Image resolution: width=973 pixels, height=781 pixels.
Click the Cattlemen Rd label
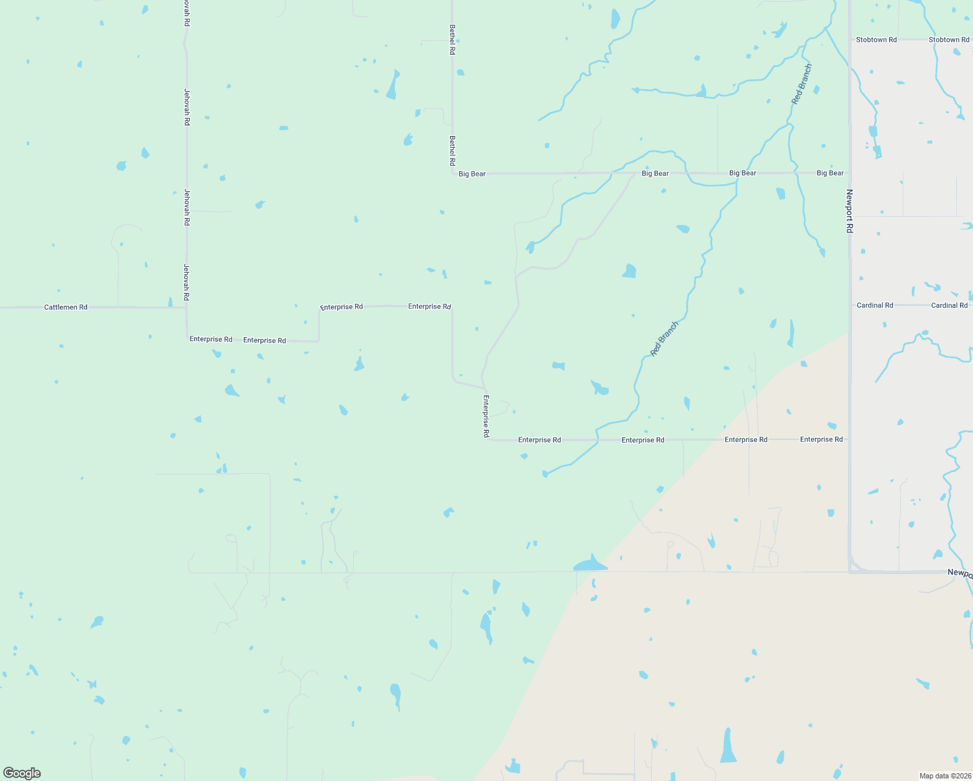[x=66, y=307]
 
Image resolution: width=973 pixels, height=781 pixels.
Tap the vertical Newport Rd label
[x=849, y=211]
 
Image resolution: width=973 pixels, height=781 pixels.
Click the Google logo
[x=22, y=773]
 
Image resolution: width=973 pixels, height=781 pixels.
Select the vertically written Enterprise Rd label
[x=486, y=415]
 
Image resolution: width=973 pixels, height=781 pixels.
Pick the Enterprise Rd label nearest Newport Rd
[x=821, y=439]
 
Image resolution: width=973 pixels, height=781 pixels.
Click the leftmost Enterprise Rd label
[x=211, y=339]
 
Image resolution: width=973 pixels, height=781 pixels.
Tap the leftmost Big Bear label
[x=472, y=174]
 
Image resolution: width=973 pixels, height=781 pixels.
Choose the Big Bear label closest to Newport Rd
[x=830, y=173]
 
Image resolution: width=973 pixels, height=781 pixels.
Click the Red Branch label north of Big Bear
[x=802, y=84]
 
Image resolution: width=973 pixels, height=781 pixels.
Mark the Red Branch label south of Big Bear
[x=664, y=338]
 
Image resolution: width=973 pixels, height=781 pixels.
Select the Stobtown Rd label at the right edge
[x=949, y=40]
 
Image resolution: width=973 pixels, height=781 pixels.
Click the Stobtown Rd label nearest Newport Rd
[x=876, y=40]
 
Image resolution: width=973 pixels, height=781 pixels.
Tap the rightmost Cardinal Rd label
[x=949, y=305]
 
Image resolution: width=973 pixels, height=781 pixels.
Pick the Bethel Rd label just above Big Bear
[x=452, y=150]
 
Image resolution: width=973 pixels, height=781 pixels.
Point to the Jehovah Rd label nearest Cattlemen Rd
[x=187, y=282]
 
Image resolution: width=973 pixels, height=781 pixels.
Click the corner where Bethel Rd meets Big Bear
[x=453, y=174]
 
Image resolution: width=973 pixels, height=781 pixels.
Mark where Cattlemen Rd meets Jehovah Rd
[x=187, y=307]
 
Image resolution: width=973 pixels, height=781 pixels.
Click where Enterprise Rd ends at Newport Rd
[x=849, y=439]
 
